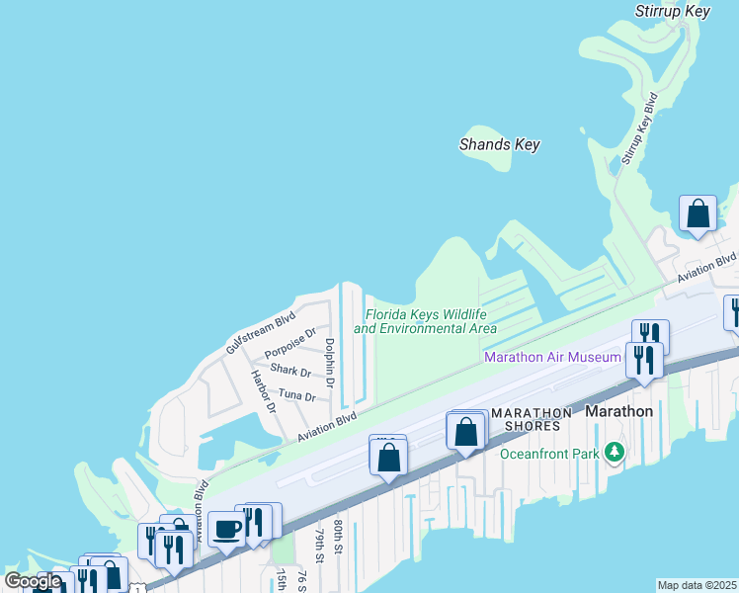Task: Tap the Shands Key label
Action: (500, 144)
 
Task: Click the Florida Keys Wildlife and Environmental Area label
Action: (426, 321)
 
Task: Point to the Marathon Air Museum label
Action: (552, 357)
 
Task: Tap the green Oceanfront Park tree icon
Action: (616, 452)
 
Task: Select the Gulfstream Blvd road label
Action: (260, 333)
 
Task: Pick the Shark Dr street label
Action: (290, 371)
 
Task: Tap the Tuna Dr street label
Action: (296, 395)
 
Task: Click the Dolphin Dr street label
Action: (330, 363)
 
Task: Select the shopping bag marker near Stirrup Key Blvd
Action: (698, 213)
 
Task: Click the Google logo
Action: (33, 580)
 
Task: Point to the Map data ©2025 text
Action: (697, 585)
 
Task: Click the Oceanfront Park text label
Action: (550, 454)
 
